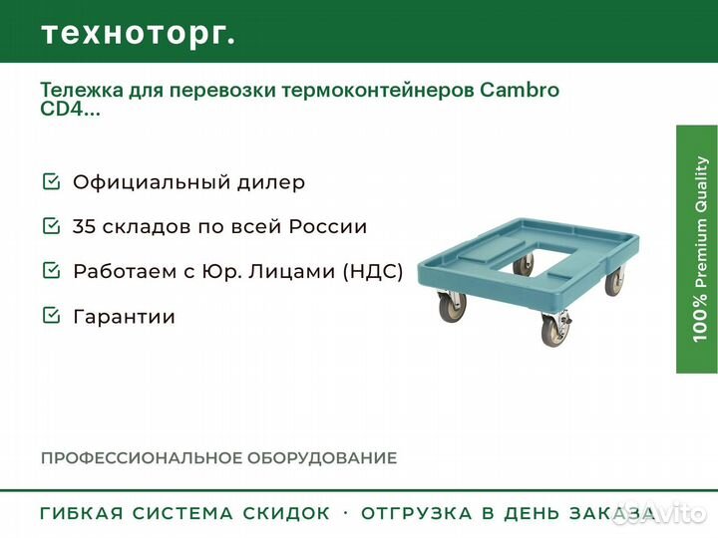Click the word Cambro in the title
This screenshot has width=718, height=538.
tap(520, 90)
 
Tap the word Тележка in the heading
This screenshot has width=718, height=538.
tap(82, 91)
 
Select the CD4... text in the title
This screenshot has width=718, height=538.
tap(70, 110)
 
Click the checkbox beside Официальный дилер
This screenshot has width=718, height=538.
tap(51, 181)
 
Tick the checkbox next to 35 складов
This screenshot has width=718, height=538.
tap(51, 226)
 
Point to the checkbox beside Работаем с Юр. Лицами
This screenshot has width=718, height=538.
tap(51, 271)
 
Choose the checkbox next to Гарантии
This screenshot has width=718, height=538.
tap(51, 316)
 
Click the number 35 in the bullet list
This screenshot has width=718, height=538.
tap(84, 226)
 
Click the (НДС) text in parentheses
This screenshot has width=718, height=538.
tap(373, 271)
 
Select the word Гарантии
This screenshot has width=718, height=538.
tap(124, 317)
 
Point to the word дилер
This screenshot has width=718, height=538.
tap(271, 183)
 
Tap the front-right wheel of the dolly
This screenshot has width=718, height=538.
tap(554, 331)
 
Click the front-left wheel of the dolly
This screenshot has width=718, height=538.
tap(453, 307)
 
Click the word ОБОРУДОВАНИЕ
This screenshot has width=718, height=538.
tap(322, 458)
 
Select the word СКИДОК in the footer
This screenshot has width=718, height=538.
tap(286, 513)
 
